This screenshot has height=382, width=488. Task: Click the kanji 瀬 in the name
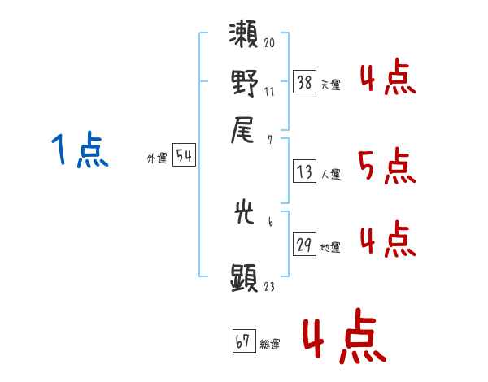point(243,34)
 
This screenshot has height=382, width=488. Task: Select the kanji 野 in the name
point(244,83)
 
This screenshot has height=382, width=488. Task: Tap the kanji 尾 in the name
point(242,130)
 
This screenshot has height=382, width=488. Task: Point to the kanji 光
point(244,212)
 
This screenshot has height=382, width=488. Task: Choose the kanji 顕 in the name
point(244,277)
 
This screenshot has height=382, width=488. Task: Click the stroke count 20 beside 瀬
point(269,42)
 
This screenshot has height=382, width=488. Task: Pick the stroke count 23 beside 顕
point(269,286)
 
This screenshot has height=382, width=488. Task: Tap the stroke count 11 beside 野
point(269,92)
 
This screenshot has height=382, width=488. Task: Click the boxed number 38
point(304,82)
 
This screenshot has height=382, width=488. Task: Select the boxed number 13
point(304,171)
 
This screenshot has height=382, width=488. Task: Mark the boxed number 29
point(304,244)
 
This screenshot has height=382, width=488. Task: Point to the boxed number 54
point(184,154)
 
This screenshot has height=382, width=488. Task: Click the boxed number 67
point(244,341)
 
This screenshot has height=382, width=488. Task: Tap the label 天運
point(330,85)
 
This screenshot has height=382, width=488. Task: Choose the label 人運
point(330,174)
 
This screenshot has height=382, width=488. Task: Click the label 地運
point(330,248)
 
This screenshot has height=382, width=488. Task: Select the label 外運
point(157,158)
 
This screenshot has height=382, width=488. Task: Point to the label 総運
point(270,345)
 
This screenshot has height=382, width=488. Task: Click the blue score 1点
point(80,150)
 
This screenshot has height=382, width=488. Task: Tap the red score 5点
point(387,167)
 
